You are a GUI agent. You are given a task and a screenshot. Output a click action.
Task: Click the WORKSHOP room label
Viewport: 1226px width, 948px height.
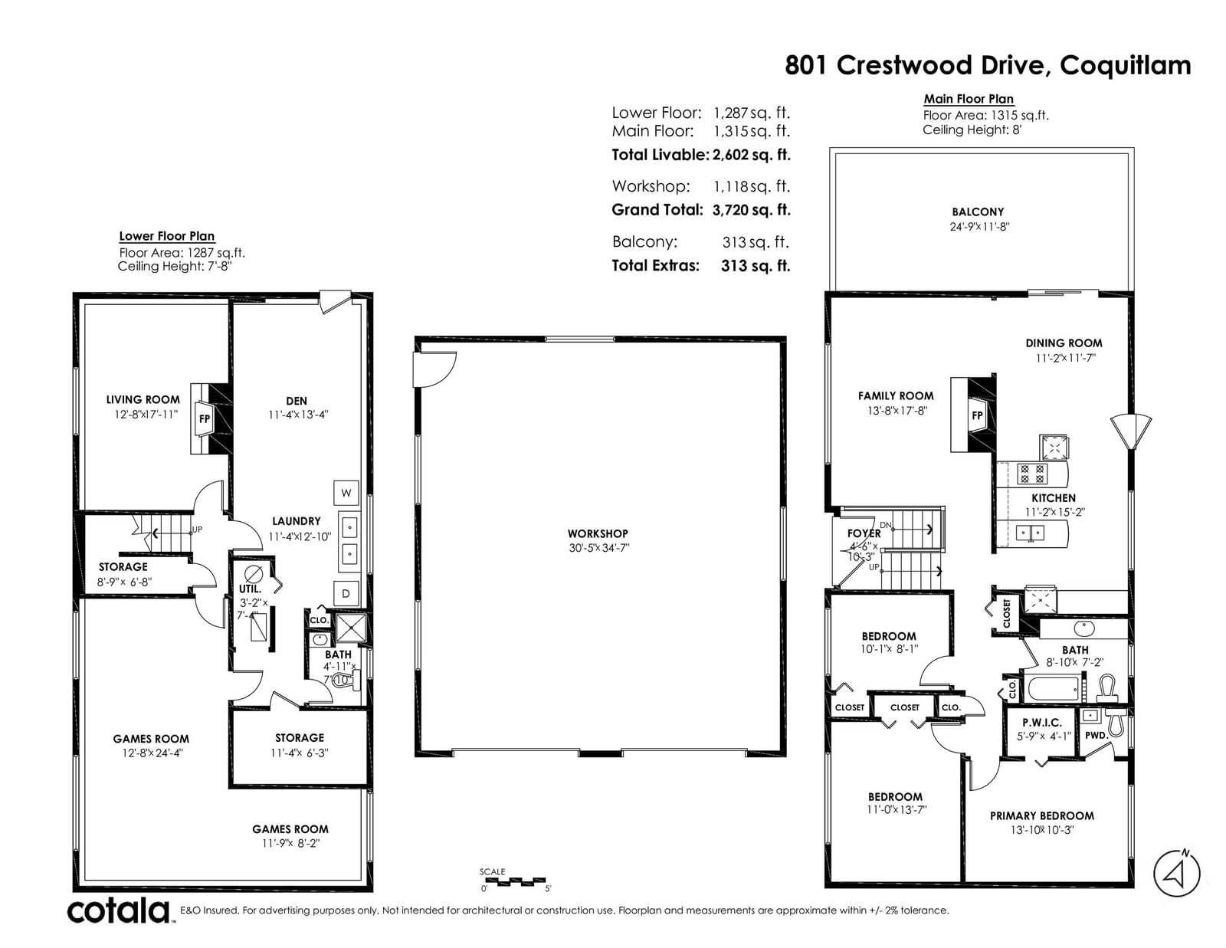pos(598,533)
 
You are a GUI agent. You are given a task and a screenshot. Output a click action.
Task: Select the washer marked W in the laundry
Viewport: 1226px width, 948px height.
pos(346,493)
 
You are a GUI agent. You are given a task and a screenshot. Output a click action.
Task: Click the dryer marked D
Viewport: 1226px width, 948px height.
pos(346,593)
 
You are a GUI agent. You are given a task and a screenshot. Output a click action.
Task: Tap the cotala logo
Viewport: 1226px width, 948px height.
pos(119,910)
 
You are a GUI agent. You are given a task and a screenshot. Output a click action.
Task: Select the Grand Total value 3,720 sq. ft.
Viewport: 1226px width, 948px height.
pos(751,210)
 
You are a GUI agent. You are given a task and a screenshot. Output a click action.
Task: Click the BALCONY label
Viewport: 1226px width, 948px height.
pos(978,212)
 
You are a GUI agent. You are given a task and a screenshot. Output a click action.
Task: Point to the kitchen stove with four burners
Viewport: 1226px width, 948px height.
pos(1032,474)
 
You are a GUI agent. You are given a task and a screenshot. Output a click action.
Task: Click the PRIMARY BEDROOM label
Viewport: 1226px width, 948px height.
pos(1041,815)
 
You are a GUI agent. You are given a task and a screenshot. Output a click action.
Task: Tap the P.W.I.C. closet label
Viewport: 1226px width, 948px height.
pos(1041,722)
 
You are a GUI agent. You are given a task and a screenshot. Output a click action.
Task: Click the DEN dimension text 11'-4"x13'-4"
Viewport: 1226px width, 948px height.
pos(298,415)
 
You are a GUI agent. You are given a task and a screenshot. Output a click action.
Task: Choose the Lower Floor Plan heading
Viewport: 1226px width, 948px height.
pos(166,236)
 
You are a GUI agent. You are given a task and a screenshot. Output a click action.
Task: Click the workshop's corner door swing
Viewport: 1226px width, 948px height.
pos(434,369)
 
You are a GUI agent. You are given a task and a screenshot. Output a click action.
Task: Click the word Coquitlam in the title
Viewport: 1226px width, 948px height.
pos(1126,66)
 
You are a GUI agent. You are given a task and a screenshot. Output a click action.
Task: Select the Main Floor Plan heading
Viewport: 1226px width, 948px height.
pos(969,99)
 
